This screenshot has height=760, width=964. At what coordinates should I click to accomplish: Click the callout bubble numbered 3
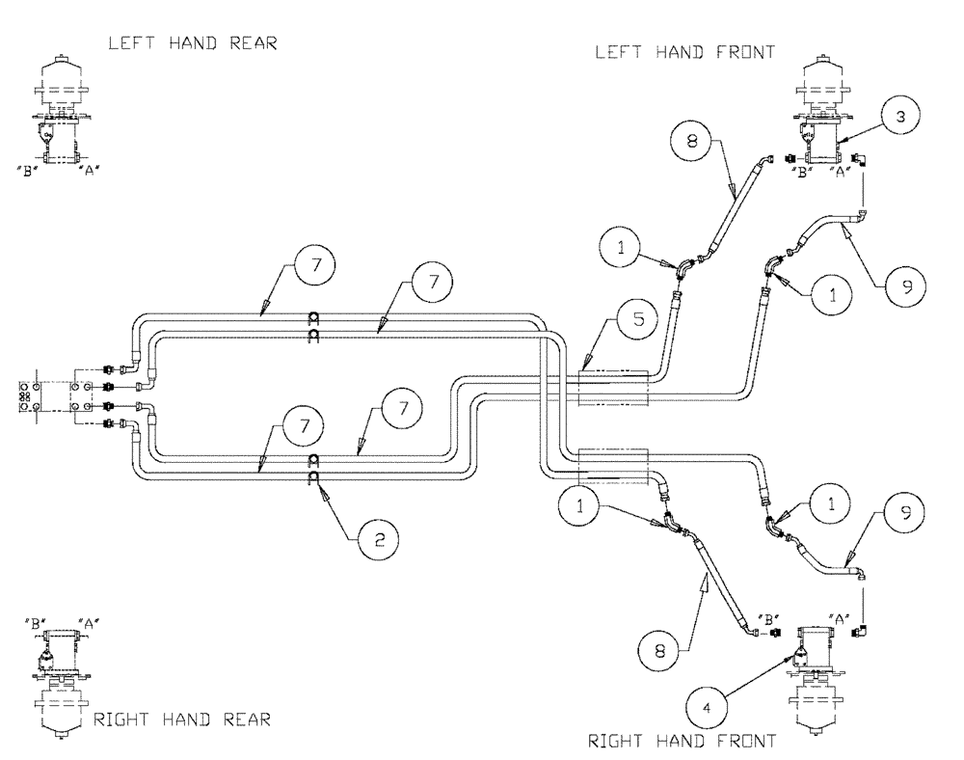point(898,117)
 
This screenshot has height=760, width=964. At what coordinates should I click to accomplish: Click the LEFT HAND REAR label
point(193,44)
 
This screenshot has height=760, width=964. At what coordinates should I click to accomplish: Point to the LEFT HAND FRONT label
point(684,53)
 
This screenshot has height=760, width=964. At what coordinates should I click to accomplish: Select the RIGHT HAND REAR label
point(182,719)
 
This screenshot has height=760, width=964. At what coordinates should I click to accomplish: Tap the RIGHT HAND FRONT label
point(683,741)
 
